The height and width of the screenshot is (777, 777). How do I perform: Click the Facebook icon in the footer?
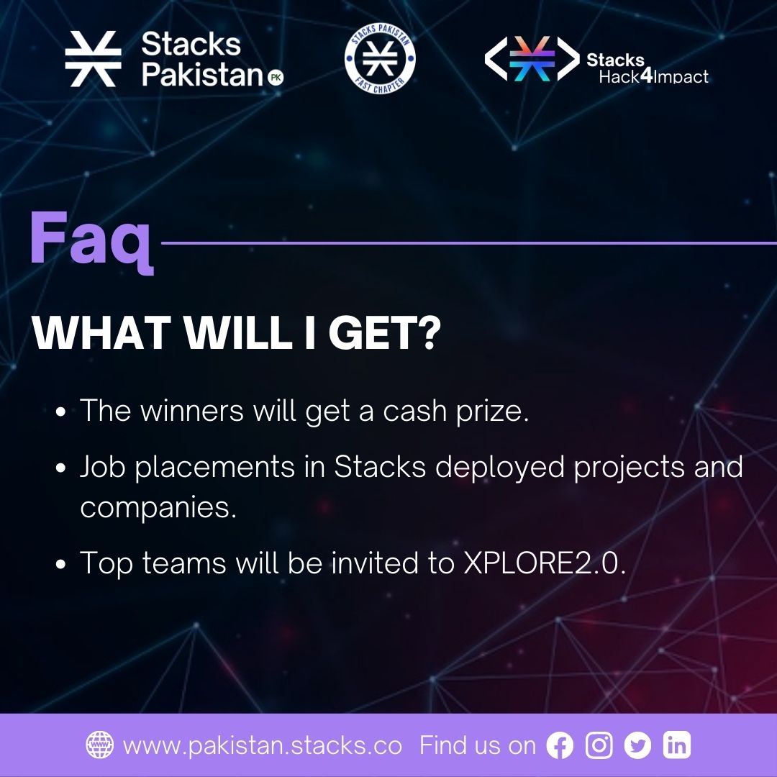(560, 745)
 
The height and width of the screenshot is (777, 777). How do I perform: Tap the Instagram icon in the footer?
(599, 745)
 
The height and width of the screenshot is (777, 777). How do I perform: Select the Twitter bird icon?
(637, 745)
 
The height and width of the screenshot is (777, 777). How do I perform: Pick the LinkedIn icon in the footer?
(676, 745)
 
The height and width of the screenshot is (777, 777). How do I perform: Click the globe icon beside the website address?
(99, 745)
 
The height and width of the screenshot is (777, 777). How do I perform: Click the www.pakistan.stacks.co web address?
(262, 745)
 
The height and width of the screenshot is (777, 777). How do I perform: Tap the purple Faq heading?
(92, 239)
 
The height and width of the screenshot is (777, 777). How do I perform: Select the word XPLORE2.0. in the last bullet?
(542, 563)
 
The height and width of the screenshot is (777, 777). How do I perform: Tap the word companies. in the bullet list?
(158, 508)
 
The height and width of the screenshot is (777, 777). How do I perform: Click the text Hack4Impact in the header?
(653, 76)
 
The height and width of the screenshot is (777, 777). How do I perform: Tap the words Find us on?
(478, 745)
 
